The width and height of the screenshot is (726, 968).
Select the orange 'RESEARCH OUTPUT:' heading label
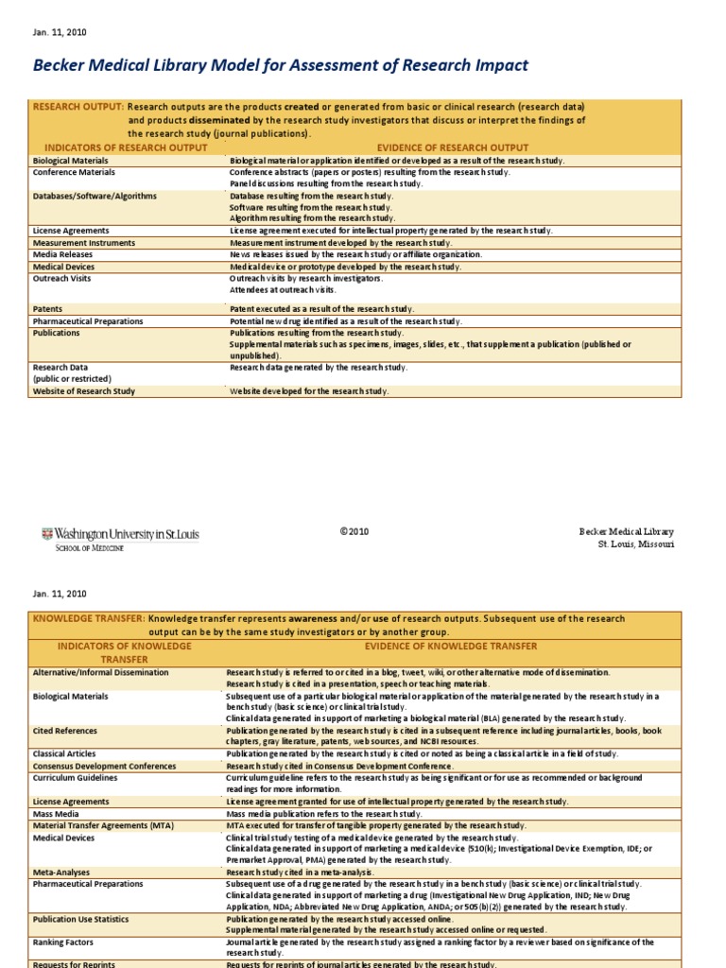point(78,107)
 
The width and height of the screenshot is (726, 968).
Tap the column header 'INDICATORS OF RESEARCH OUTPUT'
point(119,147)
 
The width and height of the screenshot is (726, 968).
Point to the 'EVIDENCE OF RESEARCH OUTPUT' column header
point(453,147)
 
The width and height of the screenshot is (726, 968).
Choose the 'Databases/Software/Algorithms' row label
point(95,197)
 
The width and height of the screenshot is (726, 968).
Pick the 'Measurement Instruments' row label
point(84,243)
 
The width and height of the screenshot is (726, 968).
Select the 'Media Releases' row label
point(64,255)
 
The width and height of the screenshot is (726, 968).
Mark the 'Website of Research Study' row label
point(84,391)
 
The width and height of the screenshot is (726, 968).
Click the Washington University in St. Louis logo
point(120,539)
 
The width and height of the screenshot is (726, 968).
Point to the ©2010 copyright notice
point(354,531)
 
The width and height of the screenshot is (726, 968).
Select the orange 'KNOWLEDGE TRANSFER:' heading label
point(89,618)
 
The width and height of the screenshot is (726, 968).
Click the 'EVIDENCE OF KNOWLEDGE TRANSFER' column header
point(451,646)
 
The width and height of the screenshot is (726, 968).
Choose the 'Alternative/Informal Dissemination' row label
point(100,672)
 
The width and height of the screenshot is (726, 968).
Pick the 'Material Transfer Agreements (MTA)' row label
point(103,825)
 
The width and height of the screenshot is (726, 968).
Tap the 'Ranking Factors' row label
point(63,942)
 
